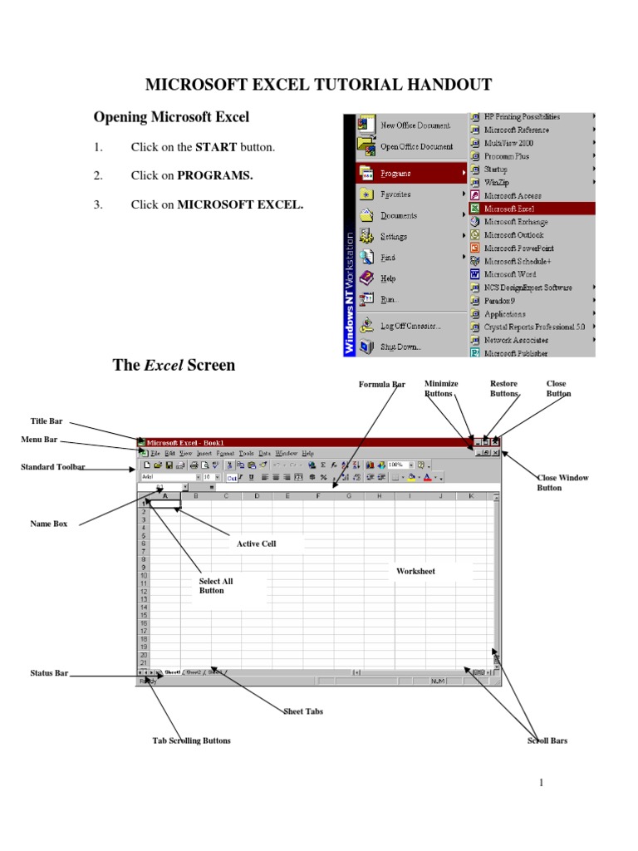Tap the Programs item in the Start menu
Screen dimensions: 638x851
tap(395, 173)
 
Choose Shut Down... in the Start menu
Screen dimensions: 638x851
tap(400, 347)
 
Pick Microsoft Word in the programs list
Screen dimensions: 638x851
tap(510, 274)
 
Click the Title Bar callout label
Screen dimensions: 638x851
tap(47, 421)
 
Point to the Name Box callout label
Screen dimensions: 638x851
tap(49, 524)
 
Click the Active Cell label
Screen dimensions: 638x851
tap(256, 544)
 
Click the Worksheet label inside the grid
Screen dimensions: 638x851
tap(415, 572)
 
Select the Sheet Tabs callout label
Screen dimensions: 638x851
tap(303, 711)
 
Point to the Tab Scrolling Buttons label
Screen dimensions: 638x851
tap(191, 740)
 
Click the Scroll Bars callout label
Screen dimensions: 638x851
tap(547, 740)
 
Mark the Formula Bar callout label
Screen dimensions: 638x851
tap(382, 384)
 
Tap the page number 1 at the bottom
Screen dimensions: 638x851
tap(541, 783)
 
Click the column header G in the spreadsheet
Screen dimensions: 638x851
tap(348, 496)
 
